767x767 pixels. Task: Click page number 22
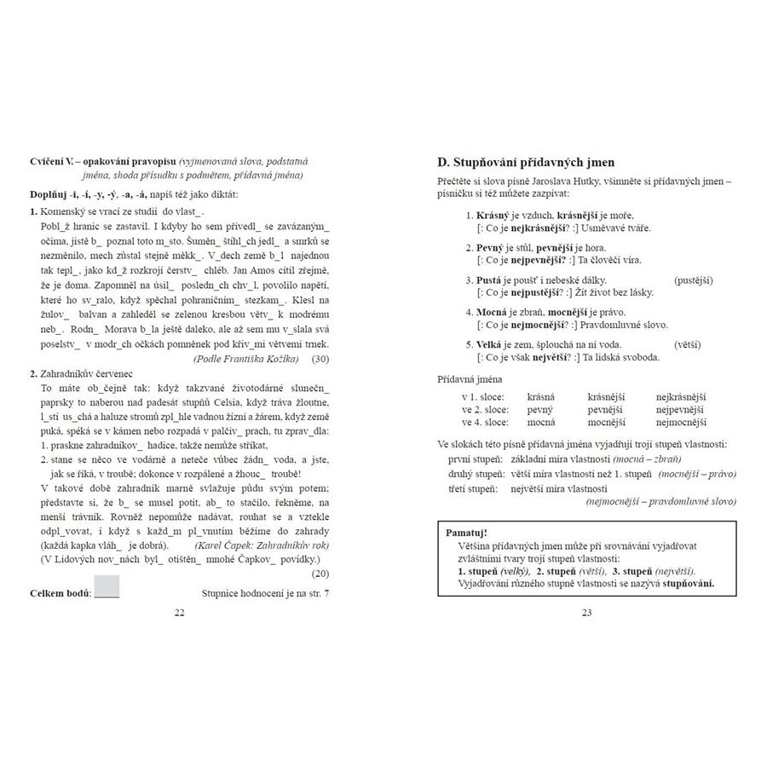click(179, 612)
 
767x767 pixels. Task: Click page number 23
click(586, 612)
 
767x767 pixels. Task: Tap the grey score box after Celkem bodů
click(107, 586)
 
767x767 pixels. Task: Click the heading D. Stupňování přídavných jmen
click(527, 162)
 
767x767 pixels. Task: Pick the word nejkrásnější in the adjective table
click(681, 396)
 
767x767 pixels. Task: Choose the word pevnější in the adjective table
click(606, 409)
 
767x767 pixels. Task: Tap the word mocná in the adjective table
click(540, 422)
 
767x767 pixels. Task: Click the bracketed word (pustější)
click(693, 280)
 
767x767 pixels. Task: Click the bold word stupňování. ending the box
click(689, 584)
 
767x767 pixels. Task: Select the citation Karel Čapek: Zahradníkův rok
click(260, 545)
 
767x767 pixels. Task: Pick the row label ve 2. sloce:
click(484, 409)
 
